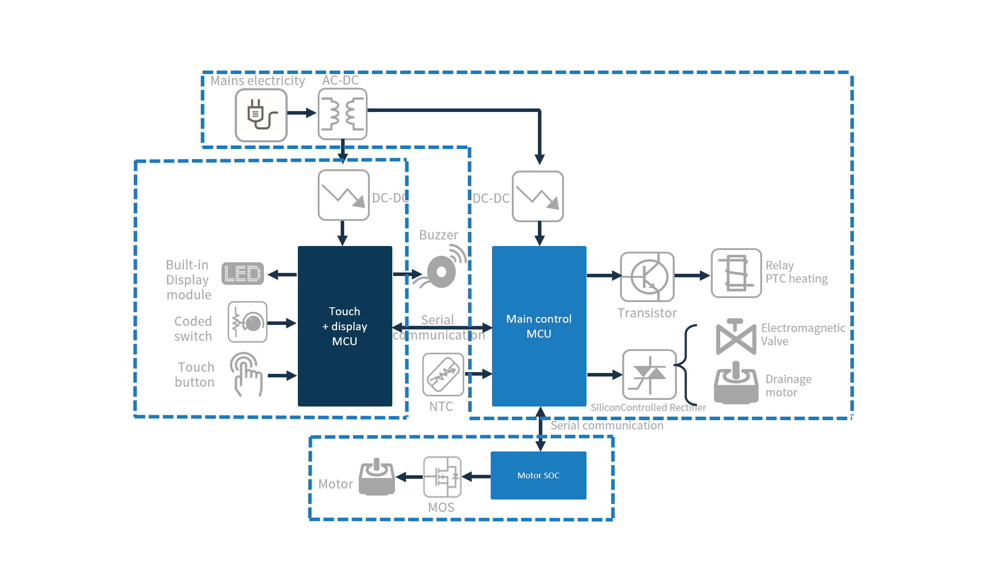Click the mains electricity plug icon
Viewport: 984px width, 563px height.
[x=261, y=115]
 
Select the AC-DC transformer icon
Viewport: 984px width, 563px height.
[x=343, y=114]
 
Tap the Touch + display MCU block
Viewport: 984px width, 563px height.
[x=345, y=326]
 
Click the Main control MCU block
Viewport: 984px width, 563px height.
[x=539, y=326]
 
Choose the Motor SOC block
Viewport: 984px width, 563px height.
[x=538, y=475]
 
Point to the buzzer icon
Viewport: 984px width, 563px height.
[x=440, y=268]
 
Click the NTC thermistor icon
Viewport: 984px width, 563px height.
[x=443, y=374]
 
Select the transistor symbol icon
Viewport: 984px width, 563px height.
[x=647, y=277]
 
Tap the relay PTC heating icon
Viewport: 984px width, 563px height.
[x=736, y=273]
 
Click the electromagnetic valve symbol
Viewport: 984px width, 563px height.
[x=736, y=337]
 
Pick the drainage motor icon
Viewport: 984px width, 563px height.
[x=736, y=383]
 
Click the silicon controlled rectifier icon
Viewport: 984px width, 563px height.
[x=649, y=375]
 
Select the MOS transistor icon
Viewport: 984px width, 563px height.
[x=442, y=477]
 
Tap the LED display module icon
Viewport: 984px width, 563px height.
[x=243, y=273]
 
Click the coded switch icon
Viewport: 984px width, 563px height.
[x=248, y=322]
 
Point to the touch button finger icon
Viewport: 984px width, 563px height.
[x=246, y=374]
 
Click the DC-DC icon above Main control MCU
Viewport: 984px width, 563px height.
[x=538, y=197]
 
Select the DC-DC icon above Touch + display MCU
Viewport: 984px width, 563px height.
[x=344, y=195]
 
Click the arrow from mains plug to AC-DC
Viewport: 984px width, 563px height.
[x=302, y=113]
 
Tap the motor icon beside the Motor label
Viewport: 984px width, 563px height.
[x=377, y=477]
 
